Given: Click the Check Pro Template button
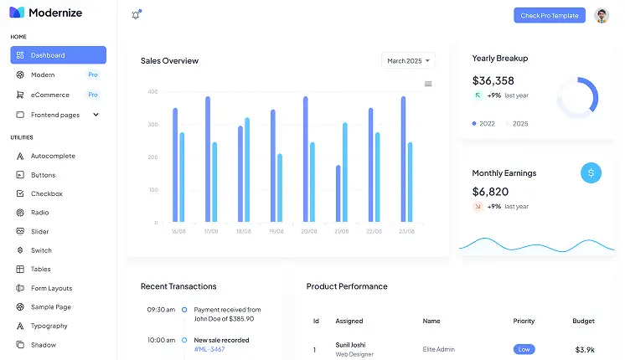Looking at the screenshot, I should (x=550, y=15).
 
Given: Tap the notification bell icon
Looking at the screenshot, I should (x=136, y=15).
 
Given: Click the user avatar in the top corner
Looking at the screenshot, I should (x=602, y=15).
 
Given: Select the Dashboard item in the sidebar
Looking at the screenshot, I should (x=58, y=55).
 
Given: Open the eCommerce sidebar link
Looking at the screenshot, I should (x=50, y=95).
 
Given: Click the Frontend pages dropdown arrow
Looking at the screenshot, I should (x=96, y=115).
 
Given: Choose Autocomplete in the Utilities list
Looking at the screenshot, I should (x=53, y=156).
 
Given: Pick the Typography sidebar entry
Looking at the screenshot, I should (x=49, y=326).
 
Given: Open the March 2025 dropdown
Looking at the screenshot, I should (x=409, y=60).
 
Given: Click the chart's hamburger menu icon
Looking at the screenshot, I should (x=428, y=84).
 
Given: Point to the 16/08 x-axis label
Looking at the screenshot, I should (x=178, y=231).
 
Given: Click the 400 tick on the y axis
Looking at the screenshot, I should (x=152, y=91).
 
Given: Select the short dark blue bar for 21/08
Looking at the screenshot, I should (x=338, y=193).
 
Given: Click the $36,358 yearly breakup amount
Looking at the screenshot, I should (x=493, y=80).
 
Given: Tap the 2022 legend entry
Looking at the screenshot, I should (x=484, y=123).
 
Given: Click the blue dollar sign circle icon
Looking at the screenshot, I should (x=591, y=172).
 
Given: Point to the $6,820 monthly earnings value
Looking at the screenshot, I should (x=490, y=192).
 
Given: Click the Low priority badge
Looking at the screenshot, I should (x=524, y=349).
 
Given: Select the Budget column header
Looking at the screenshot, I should (x=583, y=321).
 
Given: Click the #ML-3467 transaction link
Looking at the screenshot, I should (x=210, y=349).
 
